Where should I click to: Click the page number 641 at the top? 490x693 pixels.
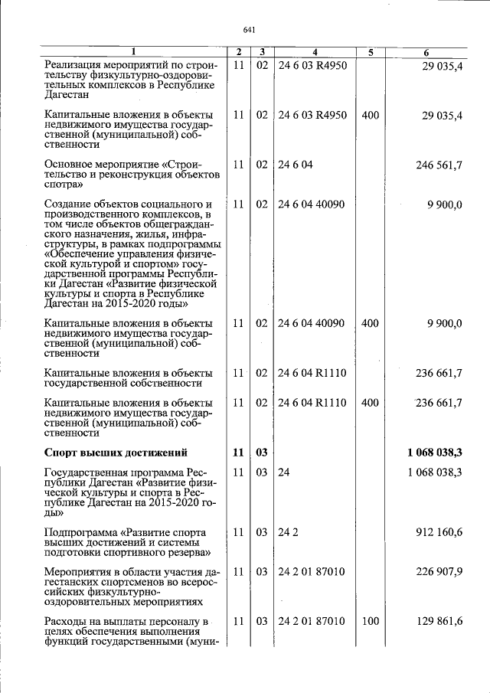[248, 30]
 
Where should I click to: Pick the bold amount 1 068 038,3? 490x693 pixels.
[435, 453]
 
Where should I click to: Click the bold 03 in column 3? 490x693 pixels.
[261, 453]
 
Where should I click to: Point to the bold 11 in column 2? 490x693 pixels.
[238, 453]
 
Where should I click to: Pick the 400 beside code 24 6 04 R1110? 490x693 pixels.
[370, 402]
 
